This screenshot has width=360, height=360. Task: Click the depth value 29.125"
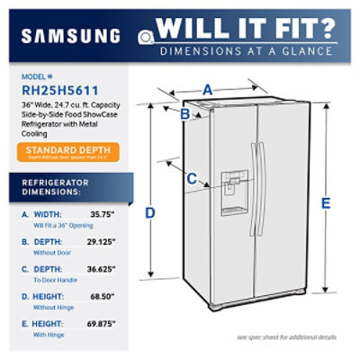click(103, 242)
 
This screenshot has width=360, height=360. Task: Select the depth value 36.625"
click(103, 268)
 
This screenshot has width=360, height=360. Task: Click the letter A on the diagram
click(207, 88)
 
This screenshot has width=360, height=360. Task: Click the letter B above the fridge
click(184, 114)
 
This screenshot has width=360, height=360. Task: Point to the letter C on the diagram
click(191, 178)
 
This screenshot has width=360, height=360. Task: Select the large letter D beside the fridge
click(149, 212)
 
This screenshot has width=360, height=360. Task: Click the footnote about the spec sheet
click(285, 337)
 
